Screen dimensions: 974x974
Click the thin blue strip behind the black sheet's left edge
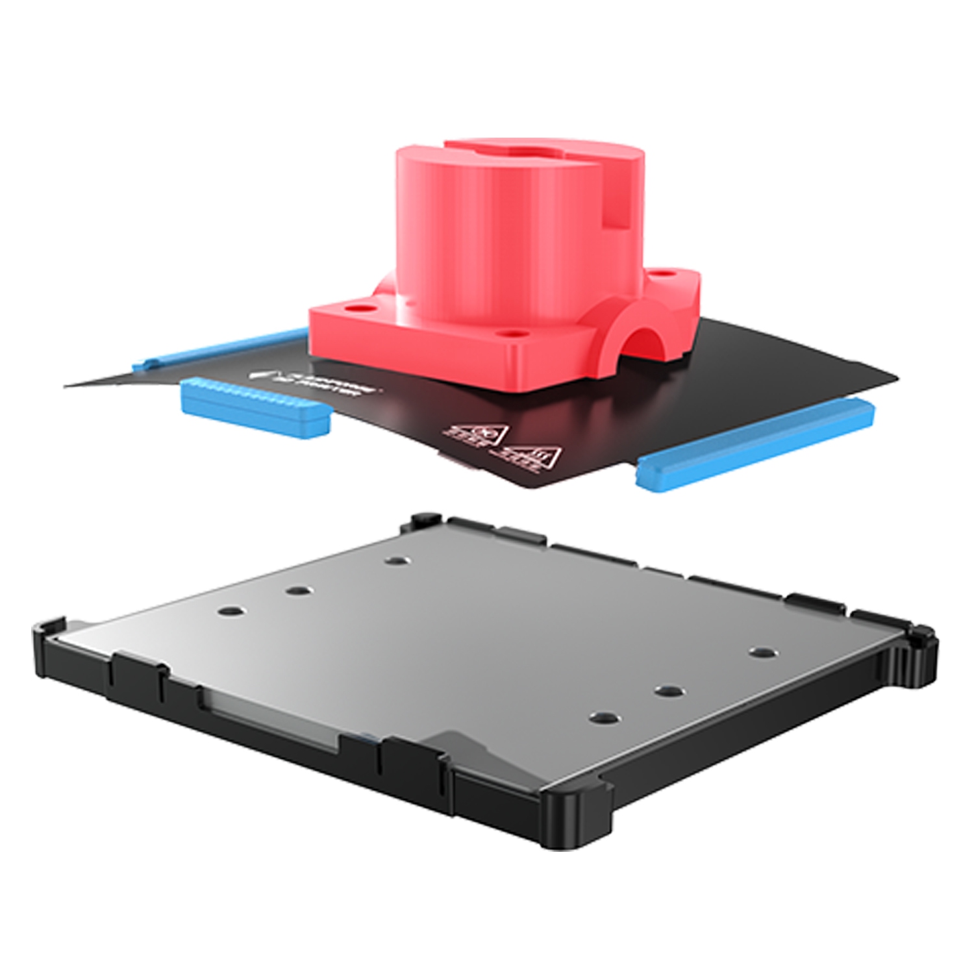pyautogui.click(x=214, y=348)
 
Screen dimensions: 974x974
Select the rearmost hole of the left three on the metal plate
pyautogui.click(x=393, y=559)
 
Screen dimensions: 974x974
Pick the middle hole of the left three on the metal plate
pyautogui.click(x=298, y=590)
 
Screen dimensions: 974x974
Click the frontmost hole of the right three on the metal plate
pyautogui.click(x=604, y=717)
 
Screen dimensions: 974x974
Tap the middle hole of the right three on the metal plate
pyautogui.click(x=669, y=690)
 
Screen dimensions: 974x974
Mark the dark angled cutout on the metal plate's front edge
pyautogui.click(x=455, y=747)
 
